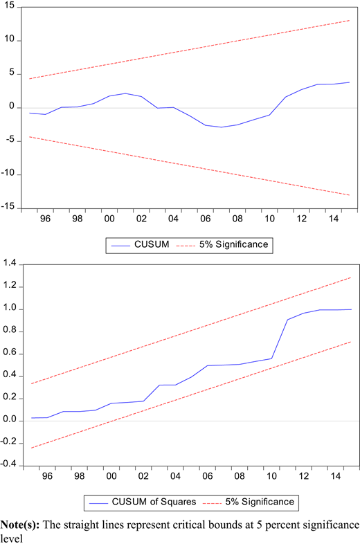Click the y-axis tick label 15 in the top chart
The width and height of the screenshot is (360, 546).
coord(9,6)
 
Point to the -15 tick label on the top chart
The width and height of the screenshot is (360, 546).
coord(8,206)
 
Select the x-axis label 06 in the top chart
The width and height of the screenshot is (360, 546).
coord(205,219)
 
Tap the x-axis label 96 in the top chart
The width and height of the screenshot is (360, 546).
coord(45,219)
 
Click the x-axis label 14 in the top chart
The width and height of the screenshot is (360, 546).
coord(334,219)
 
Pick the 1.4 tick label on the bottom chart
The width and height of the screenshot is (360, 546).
coord(10,264)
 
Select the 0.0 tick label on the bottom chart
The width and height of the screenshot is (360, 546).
coord(10,420)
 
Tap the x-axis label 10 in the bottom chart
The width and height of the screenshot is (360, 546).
coord(271,476)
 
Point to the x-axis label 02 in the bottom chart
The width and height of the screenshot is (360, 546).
coord(143,476)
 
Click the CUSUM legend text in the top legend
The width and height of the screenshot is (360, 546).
coord(152,244)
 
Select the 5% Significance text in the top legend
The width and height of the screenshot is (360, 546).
coord(233,244)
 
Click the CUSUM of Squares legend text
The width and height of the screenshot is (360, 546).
coord(154,502)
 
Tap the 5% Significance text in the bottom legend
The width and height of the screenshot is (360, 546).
coord(260,502)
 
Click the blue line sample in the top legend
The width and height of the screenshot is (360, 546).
coord(120,246)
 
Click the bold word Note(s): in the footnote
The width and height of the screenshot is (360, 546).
coord(20,525)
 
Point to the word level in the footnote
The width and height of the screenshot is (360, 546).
coord(12,538)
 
